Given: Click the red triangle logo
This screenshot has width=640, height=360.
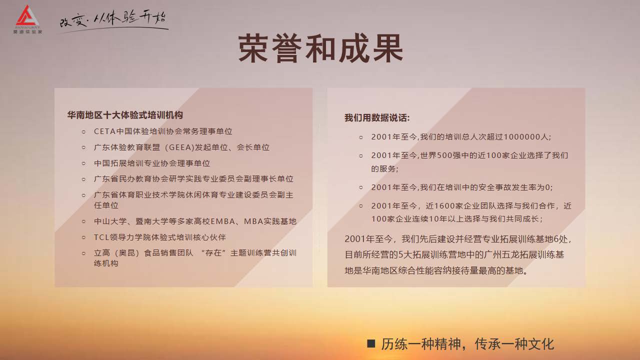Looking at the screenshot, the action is [x=27, y=16].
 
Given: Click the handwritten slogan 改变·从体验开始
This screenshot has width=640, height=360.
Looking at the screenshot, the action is [x=113, y=20].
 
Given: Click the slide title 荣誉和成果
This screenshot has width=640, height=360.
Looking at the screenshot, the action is [x=320, y=48].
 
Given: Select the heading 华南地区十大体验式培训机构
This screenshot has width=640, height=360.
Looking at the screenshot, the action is [x=125, y=115].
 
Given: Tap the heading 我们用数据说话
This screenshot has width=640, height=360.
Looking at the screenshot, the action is [x=377, y=117].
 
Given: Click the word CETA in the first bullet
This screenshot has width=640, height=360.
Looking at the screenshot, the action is [x=104, y=131].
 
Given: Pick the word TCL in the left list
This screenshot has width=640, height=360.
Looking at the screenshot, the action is [x=101, y=237].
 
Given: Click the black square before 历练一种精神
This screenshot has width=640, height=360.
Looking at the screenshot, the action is [x=371, y=343].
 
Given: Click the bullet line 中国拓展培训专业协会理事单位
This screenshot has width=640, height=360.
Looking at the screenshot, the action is [x=152, y=163].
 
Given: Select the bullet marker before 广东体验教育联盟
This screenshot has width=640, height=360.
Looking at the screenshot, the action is [x=83, y=147].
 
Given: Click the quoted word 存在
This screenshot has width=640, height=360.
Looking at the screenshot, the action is [x=213, y=253].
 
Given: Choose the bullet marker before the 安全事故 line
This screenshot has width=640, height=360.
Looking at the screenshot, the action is [x=361, y=187].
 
